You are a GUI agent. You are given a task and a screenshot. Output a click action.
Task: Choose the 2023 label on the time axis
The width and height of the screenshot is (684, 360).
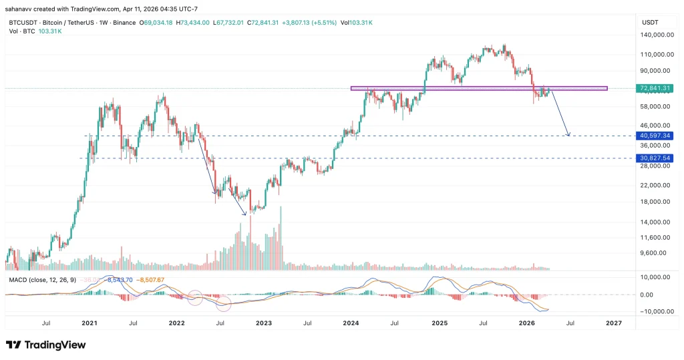264,323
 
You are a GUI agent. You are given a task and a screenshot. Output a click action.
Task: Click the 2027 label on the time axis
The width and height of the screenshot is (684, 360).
613,323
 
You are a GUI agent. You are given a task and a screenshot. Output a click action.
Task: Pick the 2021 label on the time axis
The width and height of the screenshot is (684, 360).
90,323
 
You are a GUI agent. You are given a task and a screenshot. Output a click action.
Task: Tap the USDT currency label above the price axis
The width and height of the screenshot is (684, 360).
650,22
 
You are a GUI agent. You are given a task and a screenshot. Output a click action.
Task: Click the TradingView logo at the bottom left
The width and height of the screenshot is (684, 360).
45,345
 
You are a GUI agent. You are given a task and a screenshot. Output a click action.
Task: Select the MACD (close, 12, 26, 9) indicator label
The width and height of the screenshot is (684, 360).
41,279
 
